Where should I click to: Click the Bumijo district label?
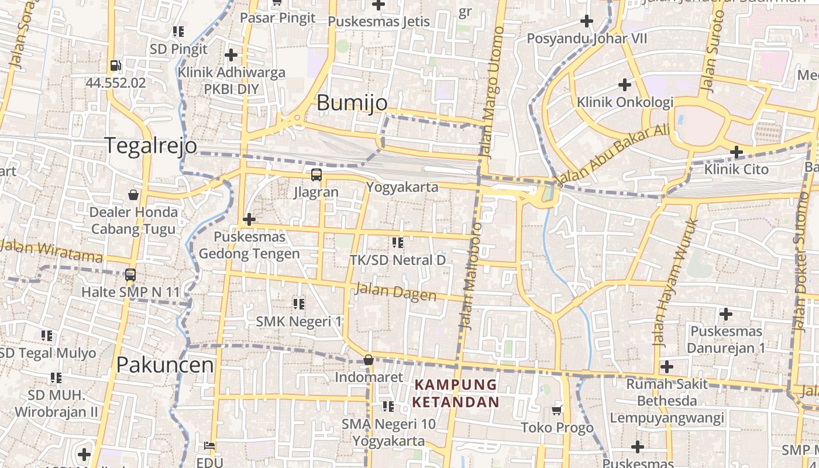[352, 103]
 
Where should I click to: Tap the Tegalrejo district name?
[151, 145]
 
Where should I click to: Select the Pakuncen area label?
[165, 365]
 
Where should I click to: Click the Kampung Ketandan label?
[456, 394]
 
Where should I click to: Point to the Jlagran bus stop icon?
[316, 174]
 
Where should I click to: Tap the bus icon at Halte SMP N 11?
[130, 274]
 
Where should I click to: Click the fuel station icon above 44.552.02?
[116, 66]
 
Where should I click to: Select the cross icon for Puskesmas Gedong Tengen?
[249, 219]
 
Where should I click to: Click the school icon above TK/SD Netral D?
[398, 242]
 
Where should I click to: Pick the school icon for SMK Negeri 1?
[299, 304]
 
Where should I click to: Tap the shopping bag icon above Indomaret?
[369, 360]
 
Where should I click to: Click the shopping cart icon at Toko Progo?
[557, 410]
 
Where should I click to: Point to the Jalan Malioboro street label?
[470, 276]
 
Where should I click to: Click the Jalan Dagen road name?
[396, 291]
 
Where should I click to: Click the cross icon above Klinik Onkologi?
[625, 85]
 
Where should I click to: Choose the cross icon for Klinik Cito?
[737, 152]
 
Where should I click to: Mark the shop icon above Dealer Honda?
[133, 194]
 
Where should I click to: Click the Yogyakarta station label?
[402, 187]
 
